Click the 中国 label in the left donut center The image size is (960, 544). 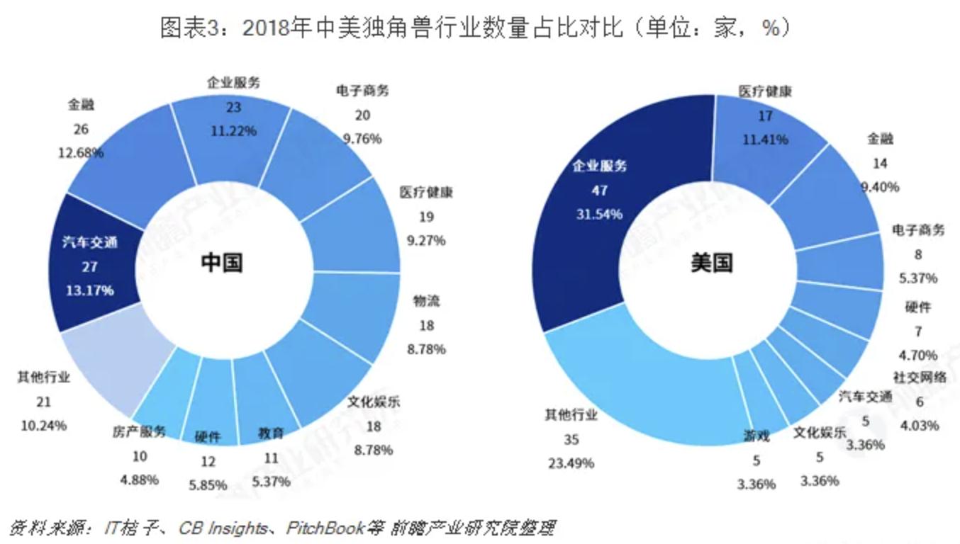click(x=222, y=262)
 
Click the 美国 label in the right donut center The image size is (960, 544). click(x=711, y=262)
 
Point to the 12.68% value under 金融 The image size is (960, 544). click(x=81, y=152)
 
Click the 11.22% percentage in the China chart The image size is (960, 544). click(x=233, y=130)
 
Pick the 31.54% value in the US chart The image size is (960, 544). click(x=599, y=214)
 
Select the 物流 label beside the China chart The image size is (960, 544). click(x=426, y=301)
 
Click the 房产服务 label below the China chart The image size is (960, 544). click(x=139, y=431)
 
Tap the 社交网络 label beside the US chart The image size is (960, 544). click(x=919, y=378)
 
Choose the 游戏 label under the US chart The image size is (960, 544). click(x=757, y=436)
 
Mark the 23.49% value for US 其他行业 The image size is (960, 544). click(x=571, y=463)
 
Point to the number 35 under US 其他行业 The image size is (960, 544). click(x=571, y=439)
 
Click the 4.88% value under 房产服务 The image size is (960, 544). click(x=139, y=480)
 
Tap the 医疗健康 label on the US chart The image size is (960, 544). click(x=764, y=91)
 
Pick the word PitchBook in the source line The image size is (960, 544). click(x=325, y=528)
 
